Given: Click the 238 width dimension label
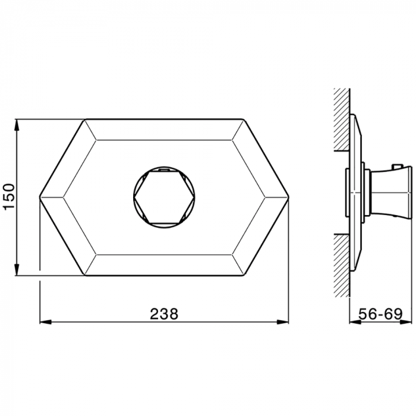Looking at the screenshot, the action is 164,314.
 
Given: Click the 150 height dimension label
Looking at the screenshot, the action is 9,196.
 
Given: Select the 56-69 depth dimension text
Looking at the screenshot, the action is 380,314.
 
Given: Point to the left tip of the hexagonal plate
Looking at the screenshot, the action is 40,197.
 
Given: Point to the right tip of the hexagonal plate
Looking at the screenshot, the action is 288,197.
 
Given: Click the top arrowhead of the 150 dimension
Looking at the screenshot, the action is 17,125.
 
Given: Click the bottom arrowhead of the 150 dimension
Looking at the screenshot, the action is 17,270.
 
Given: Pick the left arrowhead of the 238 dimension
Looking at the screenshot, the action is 45,322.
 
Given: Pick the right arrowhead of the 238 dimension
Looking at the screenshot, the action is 283,322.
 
